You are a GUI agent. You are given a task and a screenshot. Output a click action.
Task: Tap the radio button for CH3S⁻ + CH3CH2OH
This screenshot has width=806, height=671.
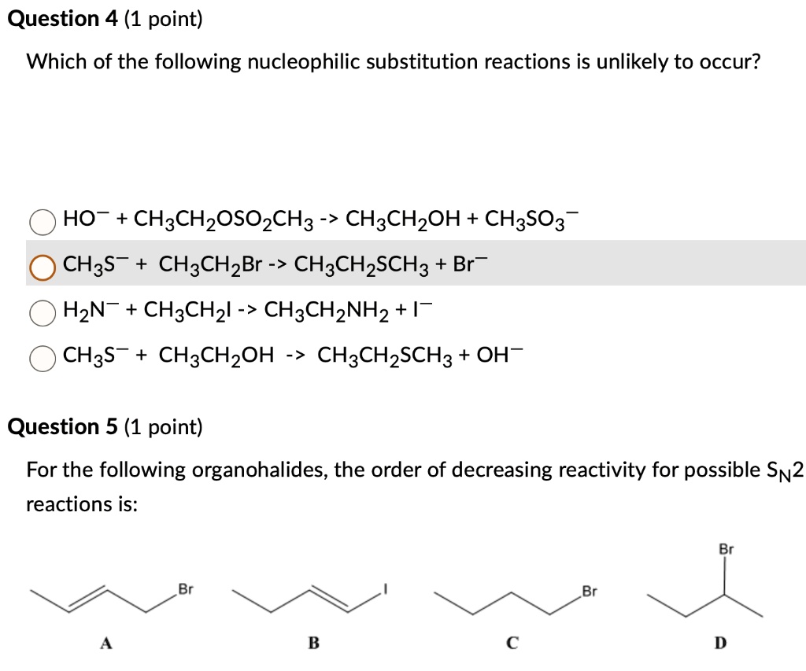click(x=42, y=358)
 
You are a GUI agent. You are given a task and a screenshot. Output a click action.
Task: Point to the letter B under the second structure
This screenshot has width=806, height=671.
click(x=312, y=643)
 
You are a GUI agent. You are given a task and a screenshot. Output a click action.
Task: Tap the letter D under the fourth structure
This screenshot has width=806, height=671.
click(x=719, y=643)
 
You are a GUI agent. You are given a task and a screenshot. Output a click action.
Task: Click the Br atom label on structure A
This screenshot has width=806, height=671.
click(x=185, y=589)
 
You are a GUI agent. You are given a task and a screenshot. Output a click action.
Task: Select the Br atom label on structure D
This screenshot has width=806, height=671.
click(x=726, y=550)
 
